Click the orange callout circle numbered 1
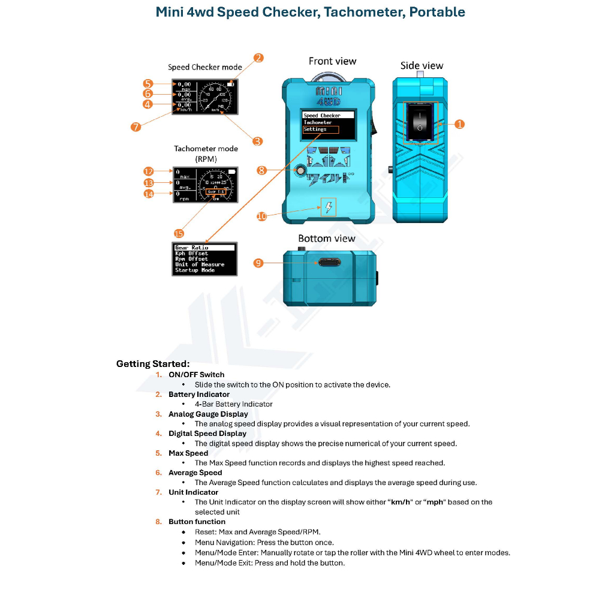tap(459, 124)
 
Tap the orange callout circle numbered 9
tap(258, 263)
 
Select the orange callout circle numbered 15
tap(179, 233)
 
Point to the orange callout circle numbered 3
tap(257, 142)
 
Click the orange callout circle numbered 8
tap(261, 170)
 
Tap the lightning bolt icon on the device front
tap(329, 207)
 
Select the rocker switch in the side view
tap(420, 122)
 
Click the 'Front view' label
tap(332, 61)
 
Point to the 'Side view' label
tap(422, 66)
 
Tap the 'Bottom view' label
tap(326, 239)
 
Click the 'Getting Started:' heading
tap(153, 364)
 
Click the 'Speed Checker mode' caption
tap(204, 67)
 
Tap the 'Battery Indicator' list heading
tap(199, 395)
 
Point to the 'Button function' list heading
tap(197, 522)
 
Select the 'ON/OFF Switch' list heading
tap(196, 375)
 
